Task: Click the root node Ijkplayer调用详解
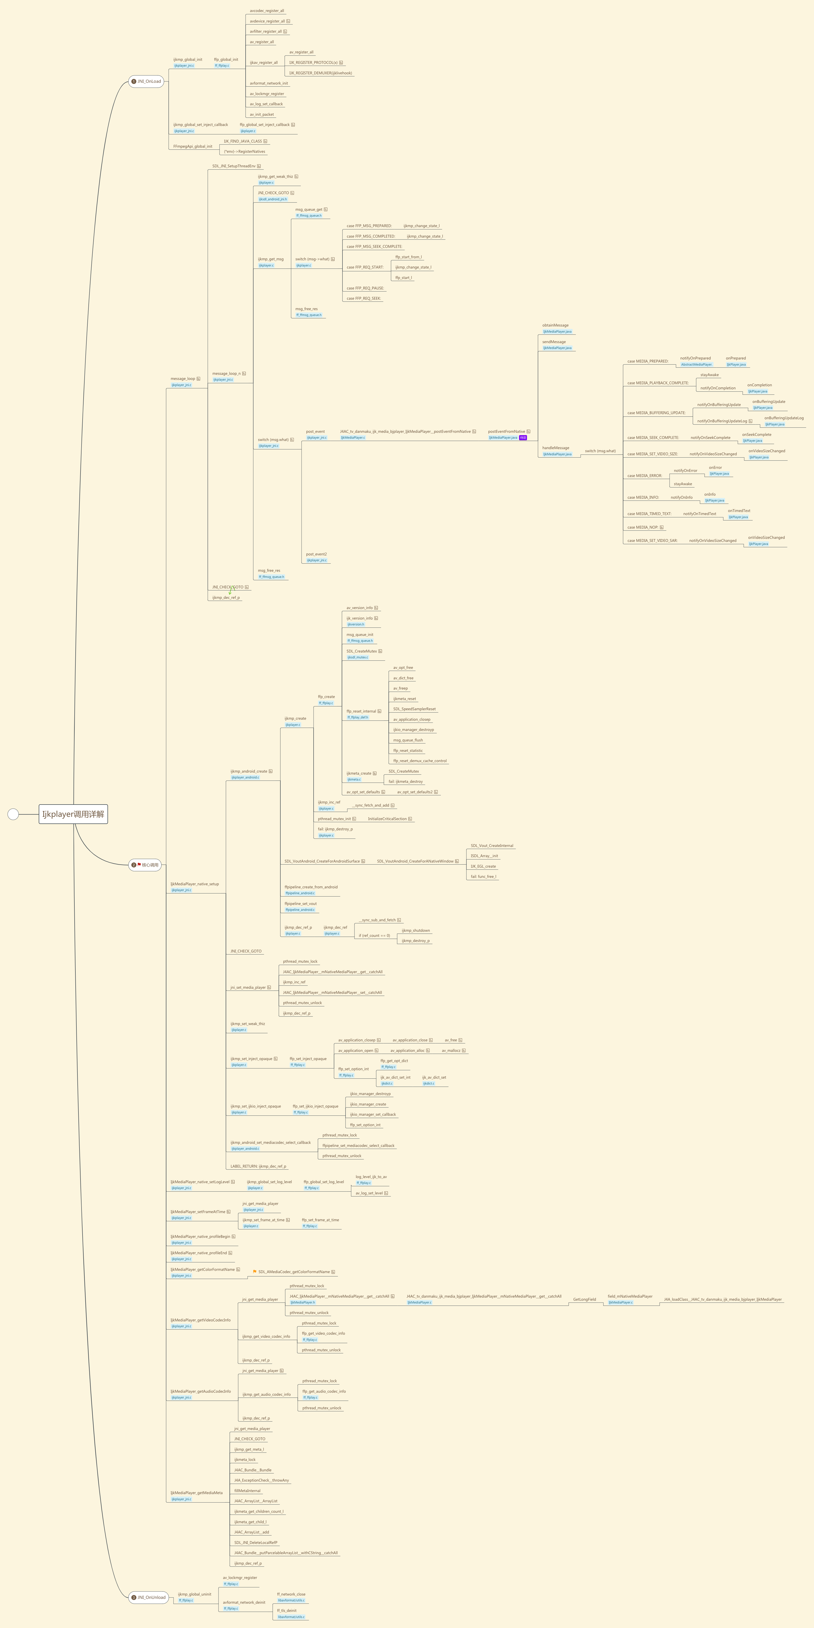[x=73, y=814]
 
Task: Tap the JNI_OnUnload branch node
[x=148, y=1597]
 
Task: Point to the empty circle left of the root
[x=13, y=814]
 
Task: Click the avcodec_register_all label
[x=267, y=11]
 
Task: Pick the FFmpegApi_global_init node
[x=193, y=146]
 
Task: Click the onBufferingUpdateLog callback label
[x=784, y=418]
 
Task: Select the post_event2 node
[x=316, y=554]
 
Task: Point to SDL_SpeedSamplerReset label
[x=414, y=709]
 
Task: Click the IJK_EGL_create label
[x=483, y=866]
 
